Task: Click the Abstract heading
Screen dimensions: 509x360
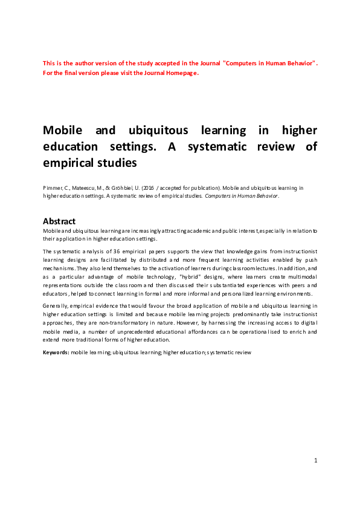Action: (59, 221)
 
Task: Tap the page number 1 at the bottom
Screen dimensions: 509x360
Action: (315, 461)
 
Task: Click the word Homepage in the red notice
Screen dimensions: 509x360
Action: (181, 73)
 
